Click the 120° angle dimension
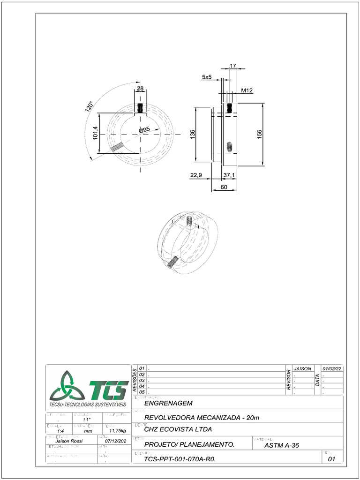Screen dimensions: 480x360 pyautogui.click(x=89, y=106)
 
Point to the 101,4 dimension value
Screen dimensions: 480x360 pyautogui.click(x=96, y=133)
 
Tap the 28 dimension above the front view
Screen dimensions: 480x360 pyautogui.click(x=140, y=89)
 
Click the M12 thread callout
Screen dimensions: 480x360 pyautogui.click(x=247, y=90)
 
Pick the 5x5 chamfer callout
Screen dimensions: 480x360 pyautogui.click(x=207, y=77)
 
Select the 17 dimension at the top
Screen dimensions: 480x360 pyautogui.click(x=233, y=66)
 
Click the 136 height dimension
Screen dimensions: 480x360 pyautogui.click(x=192, y=135)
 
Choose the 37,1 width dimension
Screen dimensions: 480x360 pyautogui.click(x=229, y=175)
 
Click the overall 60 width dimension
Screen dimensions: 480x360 pyautogui.click(x=224, y=187)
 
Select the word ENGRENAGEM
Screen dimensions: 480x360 pyautogui.click(x=168, y=403)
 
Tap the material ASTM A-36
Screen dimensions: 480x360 pyautogui.click(x=282, y=445)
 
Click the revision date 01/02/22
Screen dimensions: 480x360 pyautogui.click(x=332, y=369)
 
